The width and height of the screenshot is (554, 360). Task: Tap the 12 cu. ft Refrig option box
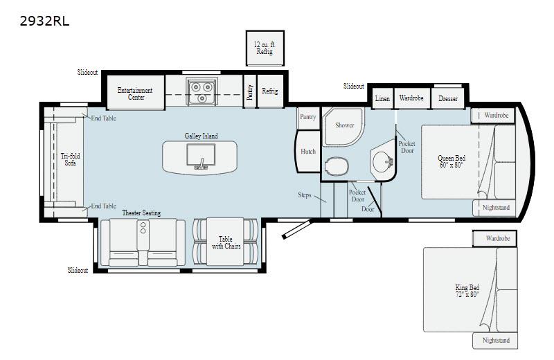click(265, 48)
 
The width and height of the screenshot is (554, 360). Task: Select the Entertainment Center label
click(134, 94)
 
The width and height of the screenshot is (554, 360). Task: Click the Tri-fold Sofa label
click(70, 160)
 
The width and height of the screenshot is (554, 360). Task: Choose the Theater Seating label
click(141, 213)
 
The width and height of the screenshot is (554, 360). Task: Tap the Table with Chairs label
click(225, 243)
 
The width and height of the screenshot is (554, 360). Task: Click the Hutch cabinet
click(308, 152)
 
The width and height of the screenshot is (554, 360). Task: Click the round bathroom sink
click(381, 161)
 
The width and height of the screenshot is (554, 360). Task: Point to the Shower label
click(345, 125)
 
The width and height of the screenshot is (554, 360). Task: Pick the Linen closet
click(382, 98)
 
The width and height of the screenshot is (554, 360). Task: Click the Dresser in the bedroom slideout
click(448, 98)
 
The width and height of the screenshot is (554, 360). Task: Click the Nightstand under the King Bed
click(495, 341)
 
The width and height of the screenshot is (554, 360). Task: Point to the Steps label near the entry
click(305, 195)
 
